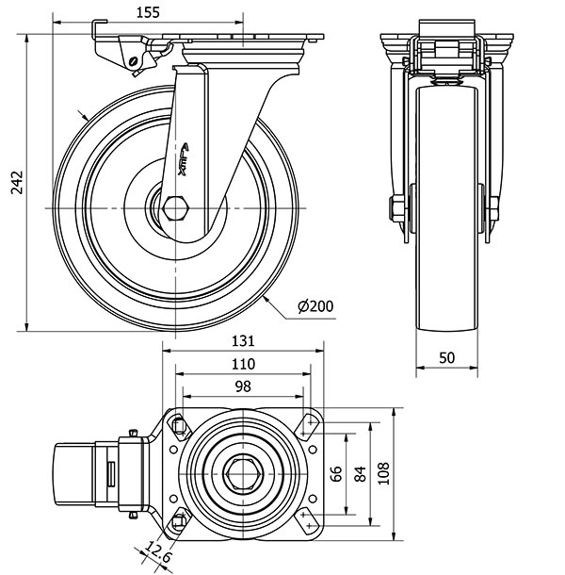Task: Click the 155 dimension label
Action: pos(146,12)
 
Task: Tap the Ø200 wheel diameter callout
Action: pos(315,305)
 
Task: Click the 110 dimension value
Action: pos(242,364)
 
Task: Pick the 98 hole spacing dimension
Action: pos(242,386)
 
